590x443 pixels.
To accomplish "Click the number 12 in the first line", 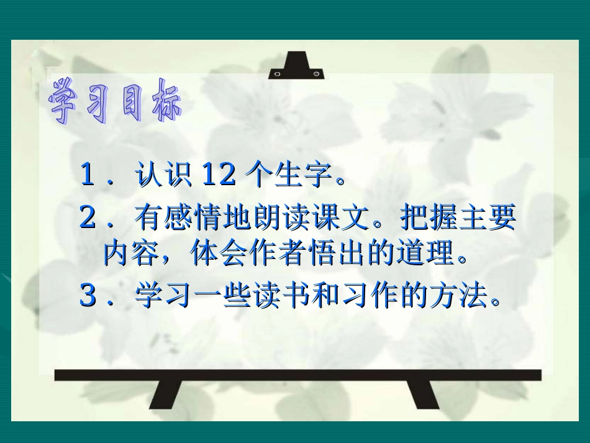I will tap(219, 176).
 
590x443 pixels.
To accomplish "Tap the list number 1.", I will tap(88, 176).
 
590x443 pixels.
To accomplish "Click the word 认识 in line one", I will tap(165, 176).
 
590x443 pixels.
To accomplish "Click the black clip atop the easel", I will tap(296, 68).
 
